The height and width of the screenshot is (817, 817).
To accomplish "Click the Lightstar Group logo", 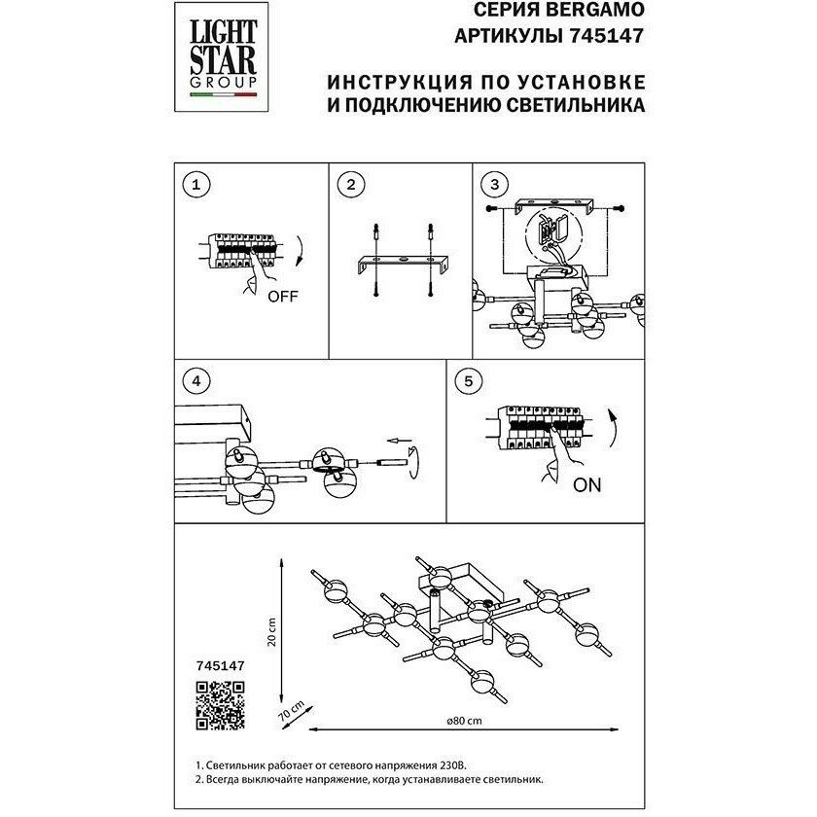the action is coord(216,57).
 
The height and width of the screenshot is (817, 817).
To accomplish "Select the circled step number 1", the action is coord(197,185).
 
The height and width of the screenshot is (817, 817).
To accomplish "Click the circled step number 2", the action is coord(353,185).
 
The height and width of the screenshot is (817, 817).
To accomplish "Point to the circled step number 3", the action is coord(494,185).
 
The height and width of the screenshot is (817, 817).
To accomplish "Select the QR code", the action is coord(220,706).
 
